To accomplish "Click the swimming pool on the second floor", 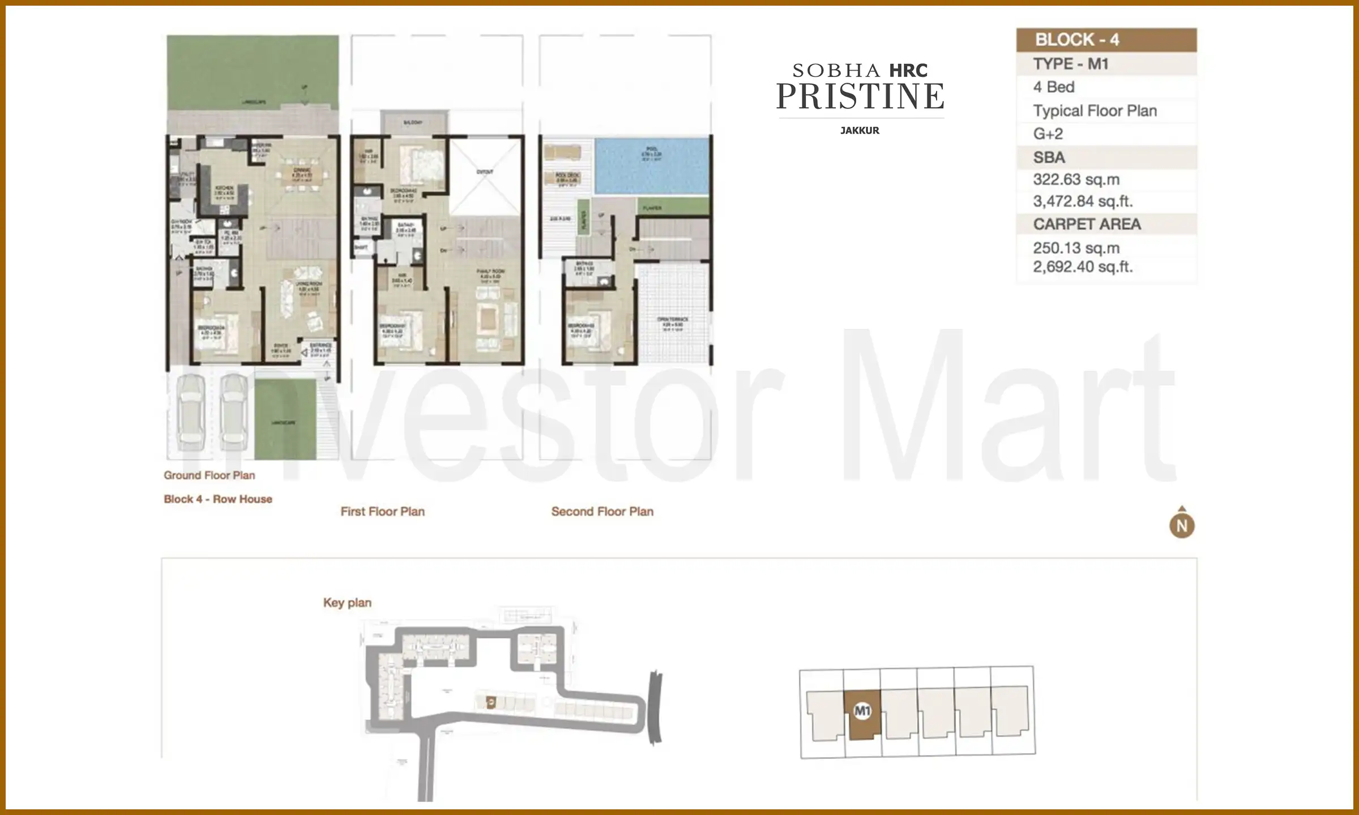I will point(651,166).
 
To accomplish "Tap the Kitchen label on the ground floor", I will point(224,188).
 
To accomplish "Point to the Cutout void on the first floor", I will point(485,171).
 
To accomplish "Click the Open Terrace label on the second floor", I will point(673,320).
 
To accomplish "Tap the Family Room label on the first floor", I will point(490,272).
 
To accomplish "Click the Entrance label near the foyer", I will point(320,345).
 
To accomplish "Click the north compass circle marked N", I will point(1182,526).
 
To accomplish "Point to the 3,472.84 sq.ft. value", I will point(1082,201).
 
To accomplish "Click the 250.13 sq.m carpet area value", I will point(1076,248).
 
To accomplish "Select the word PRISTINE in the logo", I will point(860,96).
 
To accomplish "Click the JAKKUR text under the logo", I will point(860,131).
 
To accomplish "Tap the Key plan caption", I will point(347,603).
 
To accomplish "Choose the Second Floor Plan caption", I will point(602,512).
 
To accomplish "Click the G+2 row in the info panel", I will point(1048,134).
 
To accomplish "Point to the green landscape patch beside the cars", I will point(284,419).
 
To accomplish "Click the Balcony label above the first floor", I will point(413,123).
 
